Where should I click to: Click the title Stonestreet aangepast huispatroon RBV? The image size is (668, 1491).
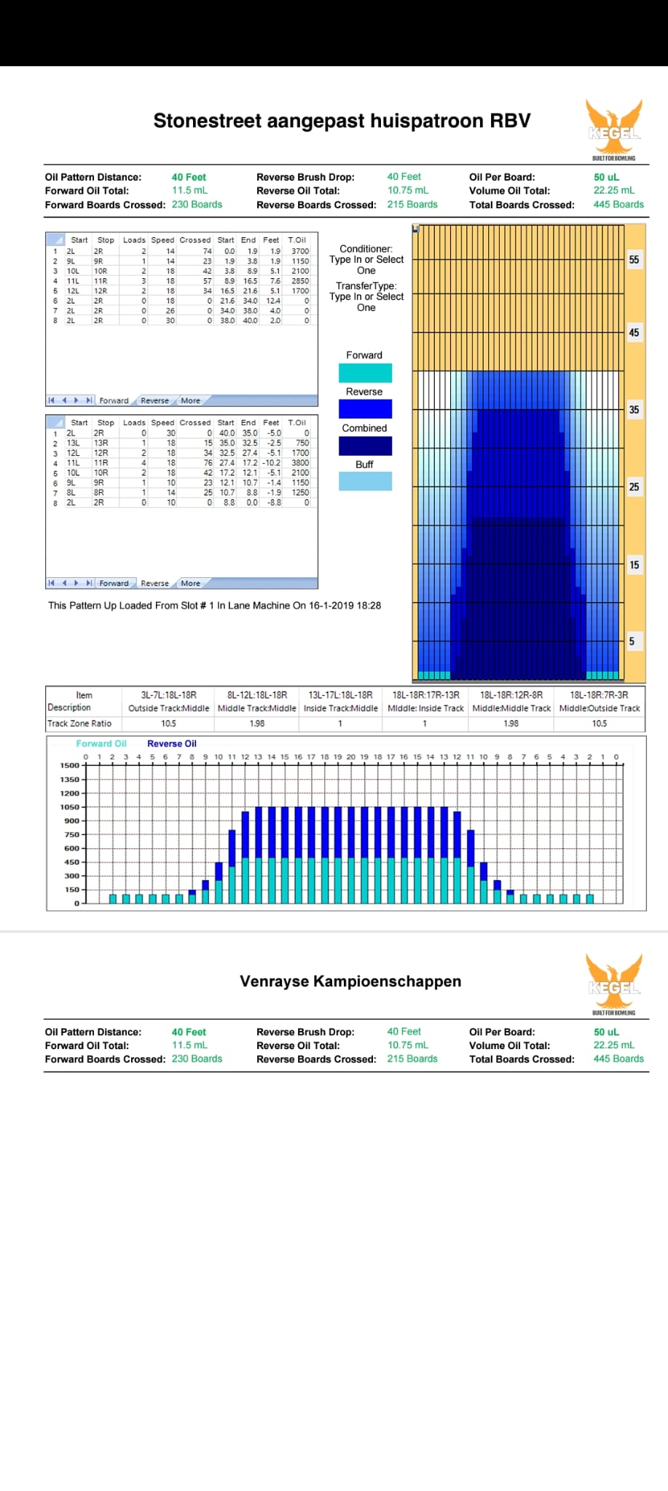pos(342,121)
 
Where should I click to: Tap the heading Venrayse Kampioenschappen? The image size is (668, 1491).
pos(350,981)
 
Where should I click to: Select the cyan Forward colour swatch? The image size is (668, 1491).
pos(365,373)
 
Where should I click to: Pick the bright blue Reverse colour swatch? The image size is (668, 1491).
pos(365,409)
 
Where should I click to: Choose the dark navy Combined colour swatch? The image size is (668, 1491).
pos(365,446)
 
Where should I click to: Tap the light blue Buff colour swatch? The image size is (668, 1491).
pos(365,481)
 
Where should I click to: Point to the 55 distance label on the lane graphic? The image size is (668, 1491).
pos(634,260)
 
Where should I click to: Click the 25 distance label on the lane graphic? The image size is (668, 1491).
pos(634,487)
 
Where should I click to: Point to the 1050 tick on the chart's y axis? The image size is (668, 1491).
pos(70,807)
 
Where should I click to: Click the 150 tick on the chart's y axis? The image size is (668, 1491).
pos(71,890)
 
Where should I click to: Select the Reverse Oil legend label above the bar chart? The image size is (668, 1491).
pos(172,744)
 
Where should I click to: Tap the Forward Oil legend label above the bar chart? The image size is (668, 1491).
pos(101,744)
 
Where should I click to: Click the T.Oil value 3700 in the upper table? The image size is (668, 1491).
pos(300,251)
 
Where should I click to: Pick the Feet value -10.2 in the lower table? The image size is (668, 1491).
pos(271,463)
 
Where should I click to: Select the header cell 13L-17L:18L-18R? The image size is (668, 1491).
pos(340,695)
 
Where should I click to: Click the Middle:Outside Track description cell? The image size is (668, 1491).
pos(600,708)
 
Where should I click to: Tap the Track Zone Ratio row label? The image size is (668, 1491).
pos(79,724)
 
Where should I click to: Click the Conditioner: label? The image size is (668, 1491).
pos(366,249)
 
